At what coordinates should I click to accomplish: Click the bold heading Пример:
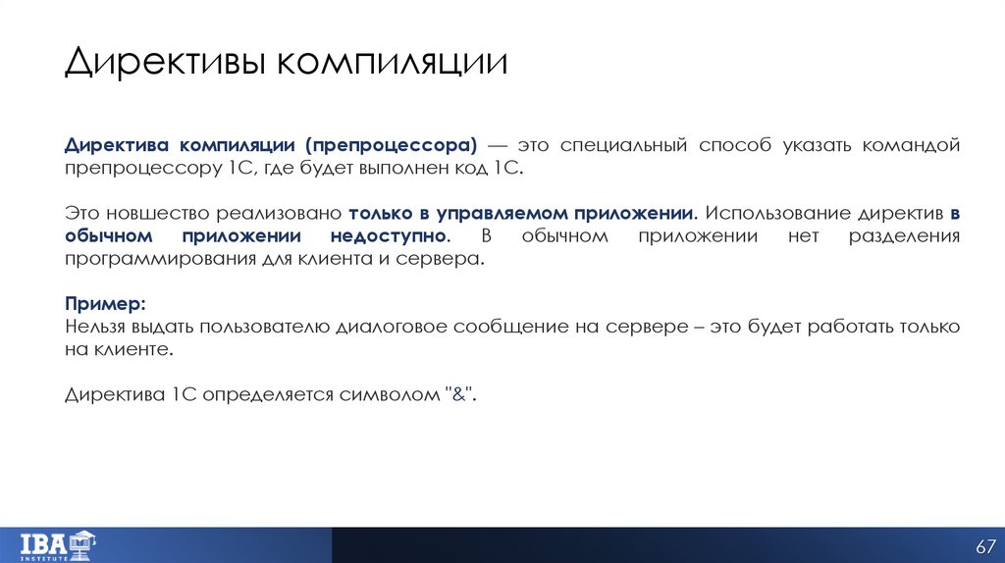[x=105, y=303]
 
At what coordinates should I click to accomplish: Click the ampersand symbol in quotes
[x=459, y=394]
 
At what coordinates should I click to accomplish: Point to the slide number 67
[x=984, y=545]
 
